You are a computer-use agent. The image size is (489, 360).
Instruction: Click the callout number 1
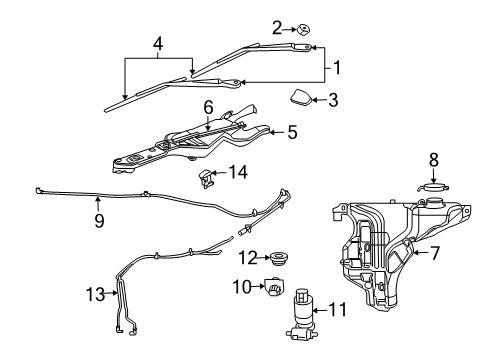pyautogui.click(x=337, y=68)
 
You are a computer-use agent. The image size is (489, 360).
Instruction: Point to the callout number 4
pyautogui.click(x=156, y=44)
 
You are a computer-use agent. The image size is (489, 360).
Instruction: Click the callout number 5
pyautogui.click(x=292, y=131)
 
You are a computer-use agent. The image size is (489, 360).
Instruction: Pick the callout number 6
pyautogui.click(x=209, y=107)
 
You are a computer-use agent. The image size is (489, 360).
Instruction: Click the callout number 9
pyautogui.click(x=99, y=221)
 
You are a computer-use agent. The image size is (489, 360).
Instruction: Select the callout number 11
pyautogui.click(x=337, y=310)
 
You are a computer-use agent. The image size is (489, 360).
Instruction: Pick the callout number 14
pyautogui.click(x=237, y=172)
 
